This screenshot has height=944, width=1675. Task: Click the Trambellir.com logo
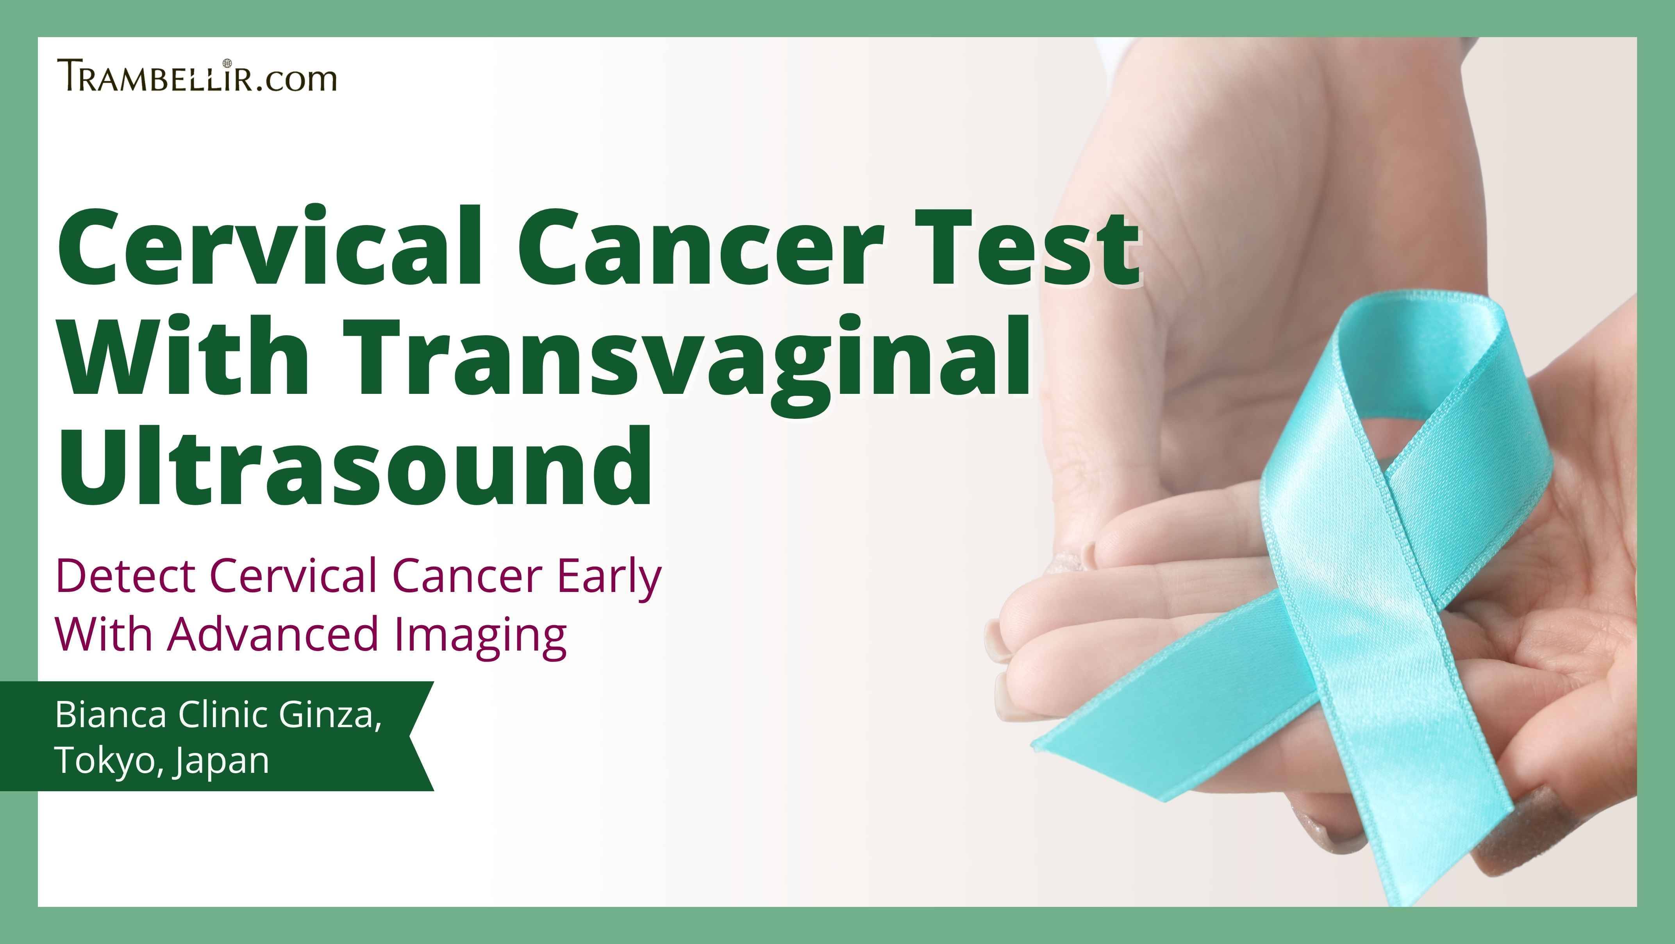197,75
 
